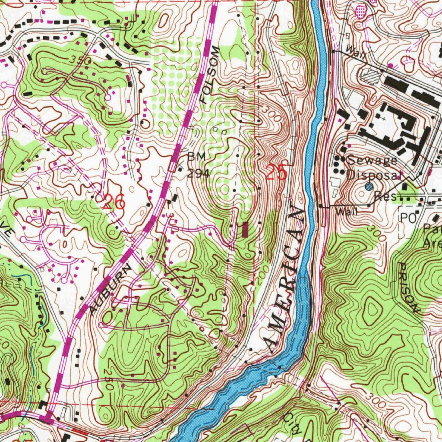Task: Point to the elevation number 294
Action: pos(198,173)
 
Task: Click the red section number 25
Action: pos(276,173)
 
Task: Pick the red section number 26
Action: pos(115,202)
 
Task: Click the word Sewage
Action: pos(372,160)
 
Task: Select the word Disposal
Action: pos(374,175)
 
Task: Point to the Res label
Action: pos(382,196)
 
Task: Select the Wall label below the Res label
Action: pos(347,212)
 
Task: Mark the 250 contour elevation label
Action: pos(108,380)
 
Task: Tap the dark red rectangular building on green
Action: pos(246,229)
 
